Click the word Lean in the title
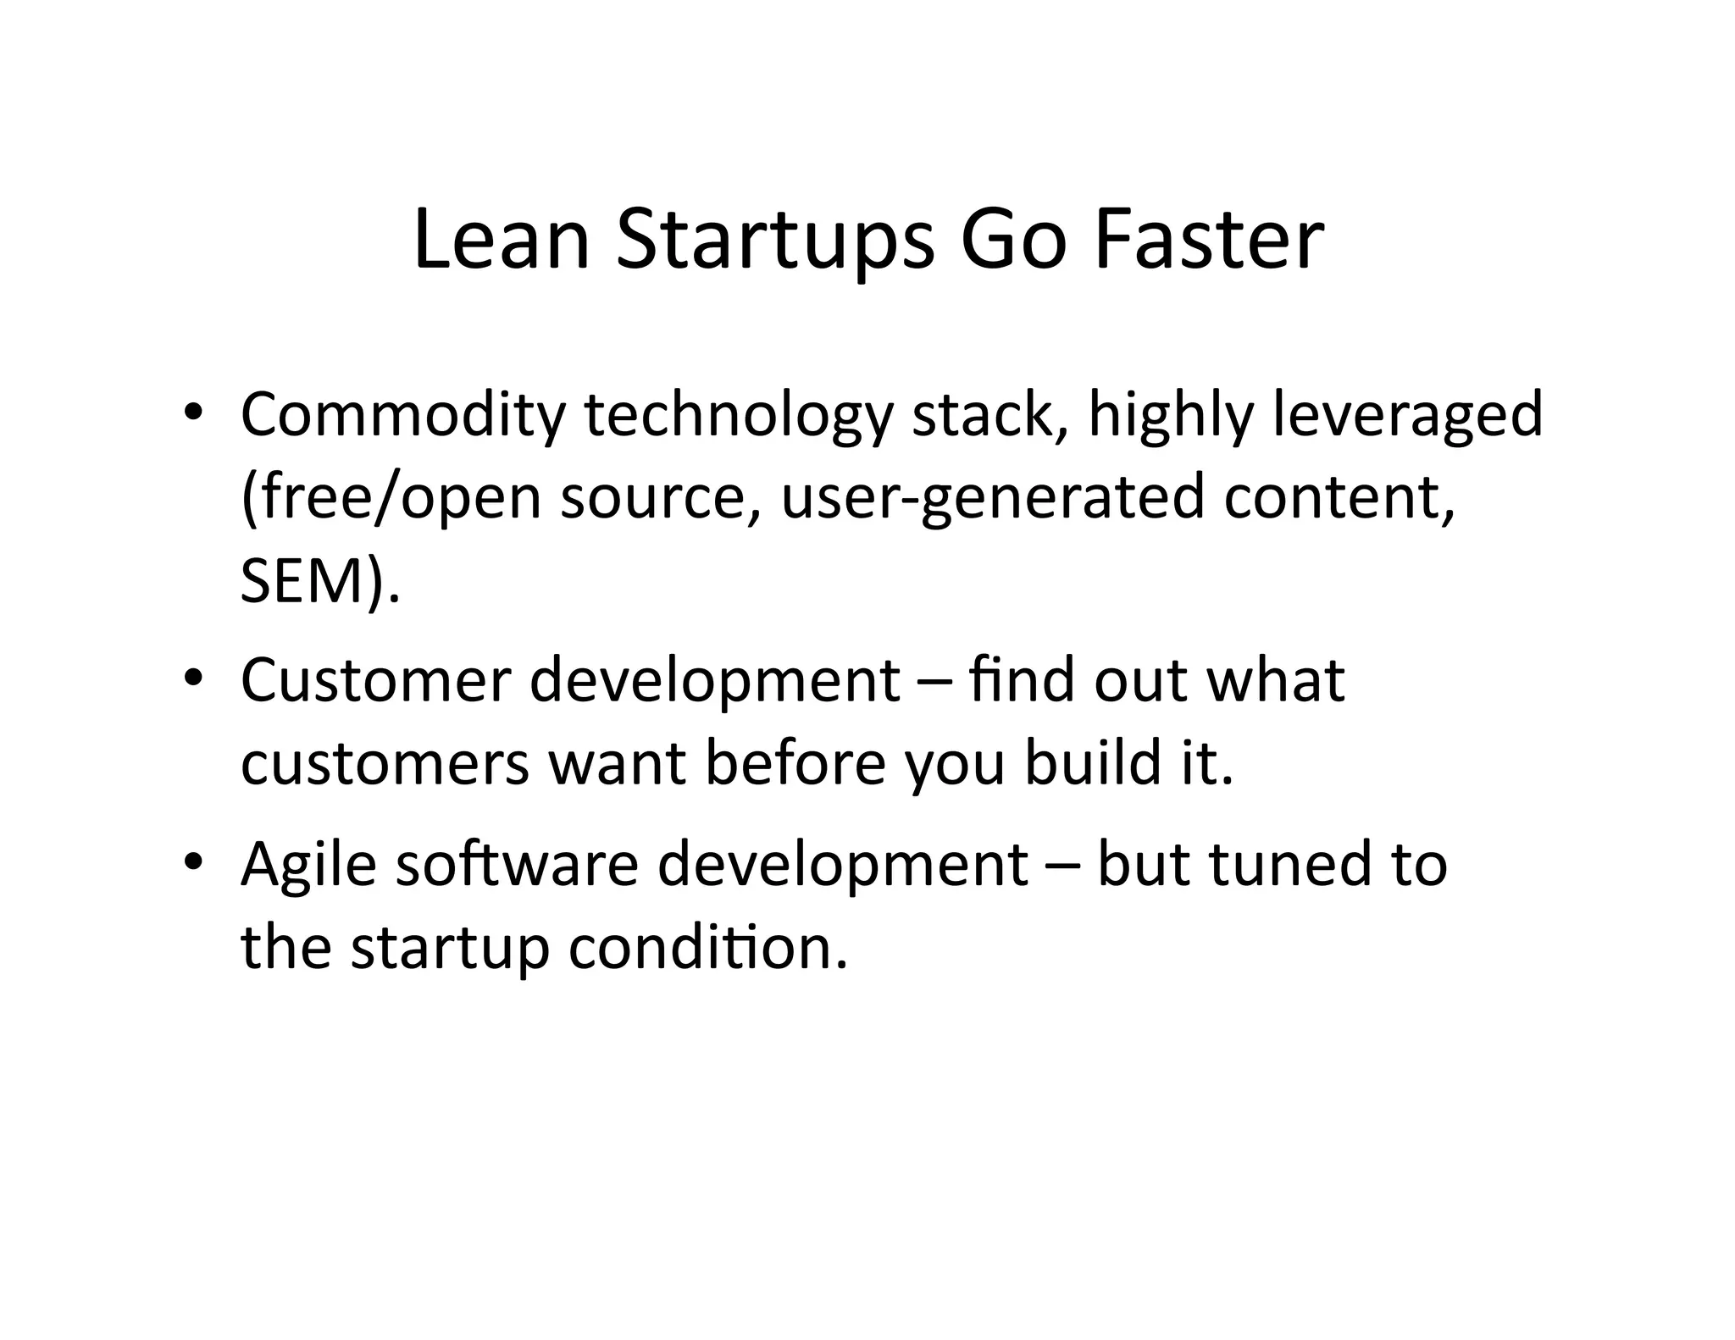point(501,241)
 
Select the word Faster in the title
point(1209,241)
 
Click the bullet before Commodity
point(193,415)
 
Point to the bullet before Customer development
point(193,680)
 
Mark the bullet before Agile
point(193,863)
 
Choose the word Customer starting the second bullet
point(376,680)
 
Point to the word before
point(795,762)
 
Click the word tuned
point(1288,864)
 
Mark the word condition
point(707,947)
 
